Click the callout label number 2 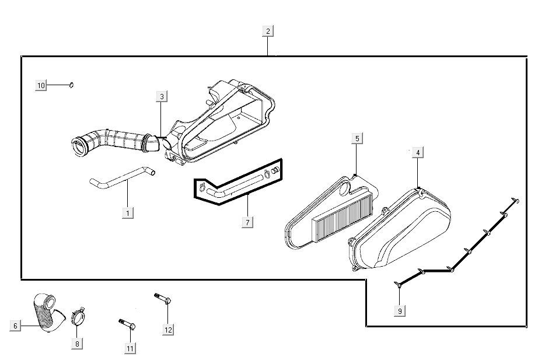coord(267,32)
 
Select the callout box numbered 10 coord(41,86)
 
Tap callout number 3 coord(162,96)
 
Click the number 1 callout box coord(128,213)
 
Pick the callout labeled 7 coord(247,222)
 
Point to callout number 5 coord(357,138)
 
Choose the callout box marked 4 coord(418,153)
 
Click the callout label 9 coord(400,311)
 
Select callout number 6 coord(16,326)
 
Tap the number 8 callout coord(77,344)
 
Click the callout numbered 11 coord(130,348)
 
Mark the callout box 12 coord(168,330)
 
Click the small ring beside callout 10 coord(71,85)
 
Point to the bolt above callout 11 coord(127,323)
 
